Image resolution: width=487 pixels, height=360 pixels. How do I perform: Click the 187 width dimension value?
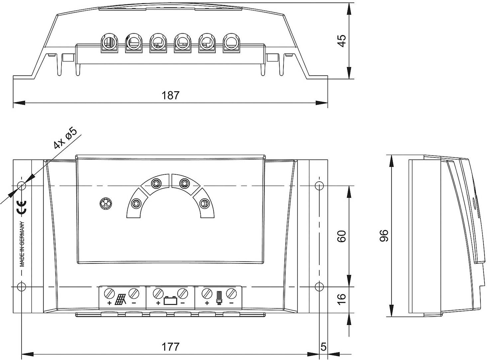tap(170, 95)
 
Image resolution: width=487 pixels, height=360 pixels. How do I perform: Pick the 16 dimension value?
tap(342, 299)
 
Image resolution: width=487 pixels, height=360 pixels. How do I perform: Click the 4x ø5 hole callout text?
tap(65, 137)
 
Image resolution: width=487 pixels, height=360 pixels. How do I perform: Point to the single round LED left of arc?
tap(106, 204)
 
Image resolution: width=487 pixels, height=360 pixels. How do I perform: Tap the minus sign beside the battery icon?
tap(183, 303)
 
